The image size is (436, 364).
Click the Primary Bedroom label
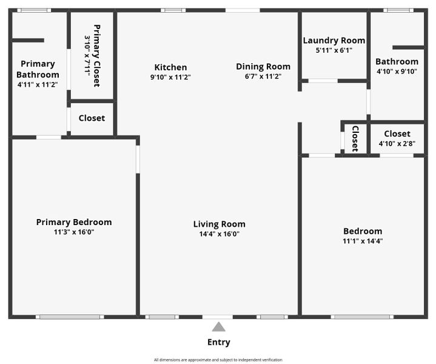coord(74,222)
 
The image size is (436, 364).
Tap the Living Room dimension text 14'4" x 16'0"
coord(219,234)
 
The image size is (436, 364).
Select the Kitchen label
coord(170,67)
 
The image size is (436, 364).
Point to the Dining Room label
coord(263,67)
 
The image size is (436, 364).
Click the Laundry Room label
coord(334,41)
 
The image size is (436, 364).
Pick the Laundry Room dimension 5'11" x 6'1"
coord(334,50)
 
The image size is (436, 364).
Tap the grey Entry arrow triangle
coord(218,327)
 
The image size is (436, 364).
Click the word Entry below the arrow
coord(218,342)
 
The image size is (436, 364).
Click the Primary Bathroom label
coord(38,69)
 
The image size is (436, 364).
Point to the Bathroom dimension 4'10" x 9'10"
coord(397,71)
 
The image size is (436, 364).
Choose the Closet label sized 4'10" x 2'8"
coord(397,133)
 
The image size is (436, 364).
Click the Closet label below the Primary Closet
coord(92,118)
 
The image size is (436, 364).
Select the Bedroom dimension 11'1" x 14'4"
coord(363,241)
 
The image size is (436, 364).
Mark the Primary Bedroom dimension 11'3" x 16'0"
coord(74,232)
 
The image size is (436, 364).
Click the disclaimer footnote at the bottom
coord(218,360)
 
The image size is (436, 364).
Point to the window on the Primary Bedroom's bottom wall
coord(69,317)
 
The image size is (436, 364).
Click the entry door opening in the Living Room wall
coord(218,317)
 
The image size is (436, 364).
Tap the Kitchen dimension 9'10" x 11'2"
coord(170,77)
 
